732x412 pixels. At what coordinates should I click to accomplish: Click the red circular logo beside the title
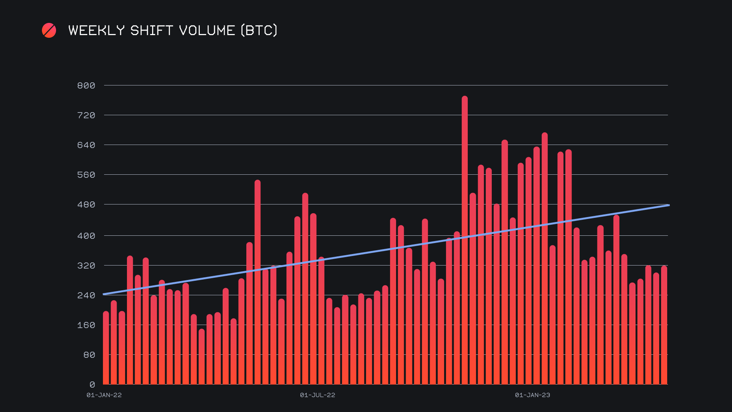click(49, 31)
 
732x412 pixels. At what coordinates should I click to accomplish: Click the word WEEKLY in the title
click(96, 31)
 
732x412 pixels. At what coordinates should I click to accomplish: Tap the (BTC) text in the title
click(259, 31)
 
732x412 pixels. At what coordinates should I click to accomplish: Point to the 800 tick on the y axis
click(86, 85)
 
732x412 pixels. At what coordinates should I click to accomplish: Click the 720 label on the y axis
click(86, 115)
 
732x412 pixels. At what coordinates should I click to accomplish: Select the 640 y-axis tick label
click(86, 145)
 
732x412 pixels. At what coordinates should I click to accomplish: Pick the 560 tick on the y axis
click(86, 175)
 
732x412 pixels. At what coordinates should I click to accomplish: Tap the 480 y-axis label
click(86, 204)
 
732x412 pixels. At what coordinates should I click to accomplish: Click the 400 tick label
click(86, 236)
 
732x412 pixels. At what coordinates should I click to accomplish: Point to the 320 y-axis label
click(86, 266)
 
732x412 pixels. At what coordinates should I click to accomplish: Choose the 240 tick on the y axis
click(86, 295)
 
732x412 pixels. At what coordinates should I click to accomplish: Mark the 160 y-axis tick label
click(86, 325)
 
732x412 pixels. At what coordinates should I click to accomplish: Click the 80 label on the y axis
click(89, 355)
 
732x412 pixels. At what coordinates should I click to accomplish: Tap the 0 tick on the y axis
click(92, 385)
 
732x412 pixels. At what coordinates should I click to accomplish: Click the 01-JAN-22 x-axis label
click(104, 395)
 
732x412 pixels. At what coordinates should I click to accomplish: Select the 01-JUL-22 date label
click(318, 395)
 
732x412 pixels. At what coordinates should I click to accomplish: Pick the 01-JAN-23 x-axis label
click(533, 395)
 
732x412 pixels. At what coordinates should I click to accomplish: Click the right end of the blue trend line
click(668, 205)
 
